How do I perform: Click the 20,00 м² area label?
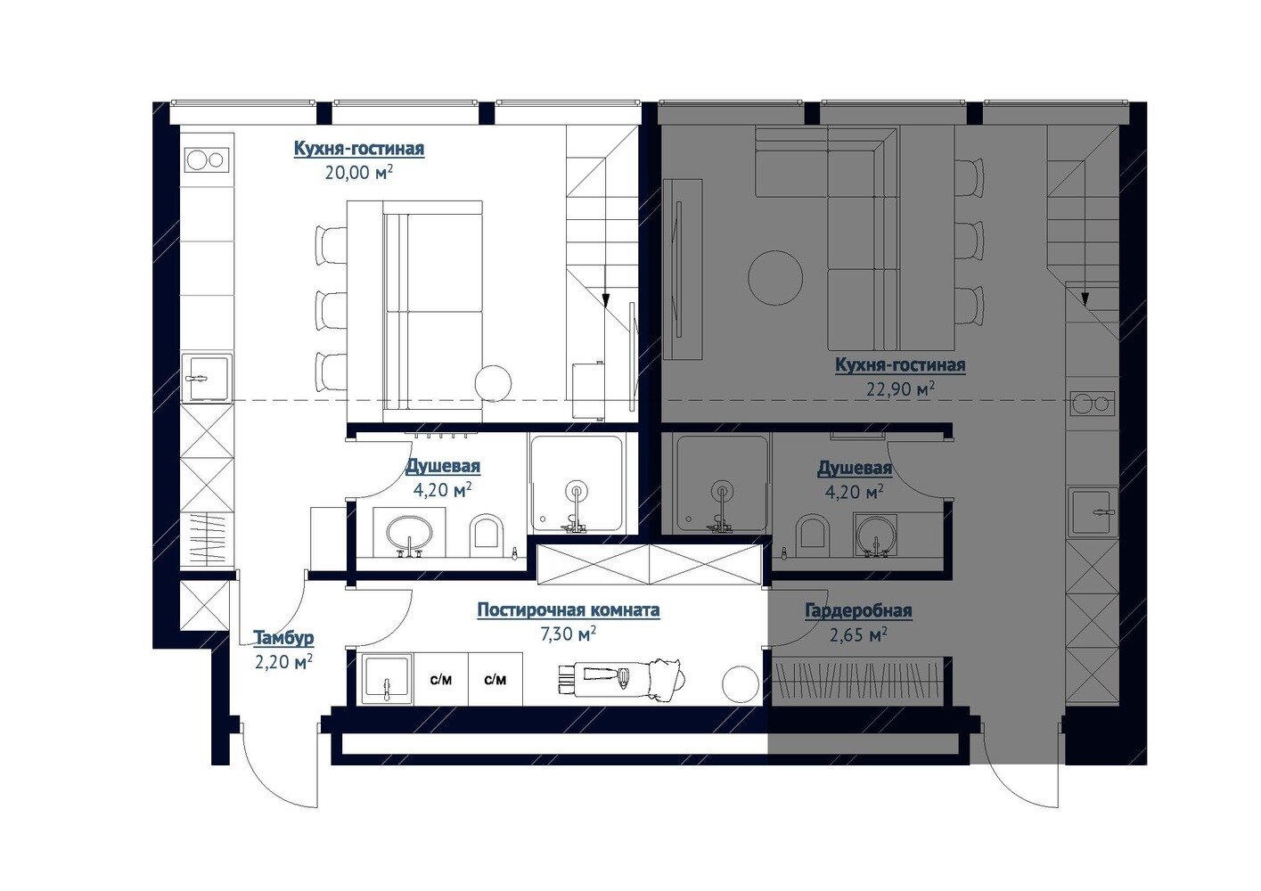pyautogui.click(x=358, y=172)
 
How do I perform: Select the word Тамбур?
pyautogui.click(x=283, y=638)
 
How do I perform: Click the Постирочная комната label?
pyautogui.click(x=569, y=610)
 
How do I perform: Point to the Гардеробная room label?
pyautogui.click(x=858, y=610)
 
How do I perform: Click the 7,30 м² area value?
pyautogui.click(x=568, y=634)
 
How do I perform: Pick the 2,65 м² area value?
pyautogui.click(x=858, y=635)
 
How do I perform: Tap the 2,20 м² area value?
pyautogui.click(x=283, y=662)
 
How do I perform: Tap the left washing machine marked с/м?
pyautogui.click(x=441, y=679)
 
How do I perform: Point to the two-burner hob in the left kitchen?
pyautogui.click(x=207, y=159)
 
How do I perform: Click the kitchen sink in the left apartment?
pyautogui.click(x=207, y=377)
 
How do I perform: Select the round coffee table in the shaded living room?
pyautogui.click(x=775, y=277)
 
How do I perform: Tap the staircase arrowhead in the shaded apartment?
pyautogui.click(x=1085, y=299)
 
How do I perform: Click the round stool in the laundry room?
pyautogui.click(x=741, y=683)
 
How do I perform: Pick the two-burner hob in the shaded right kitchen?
pyautogui.click(x=1093, y=403)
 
